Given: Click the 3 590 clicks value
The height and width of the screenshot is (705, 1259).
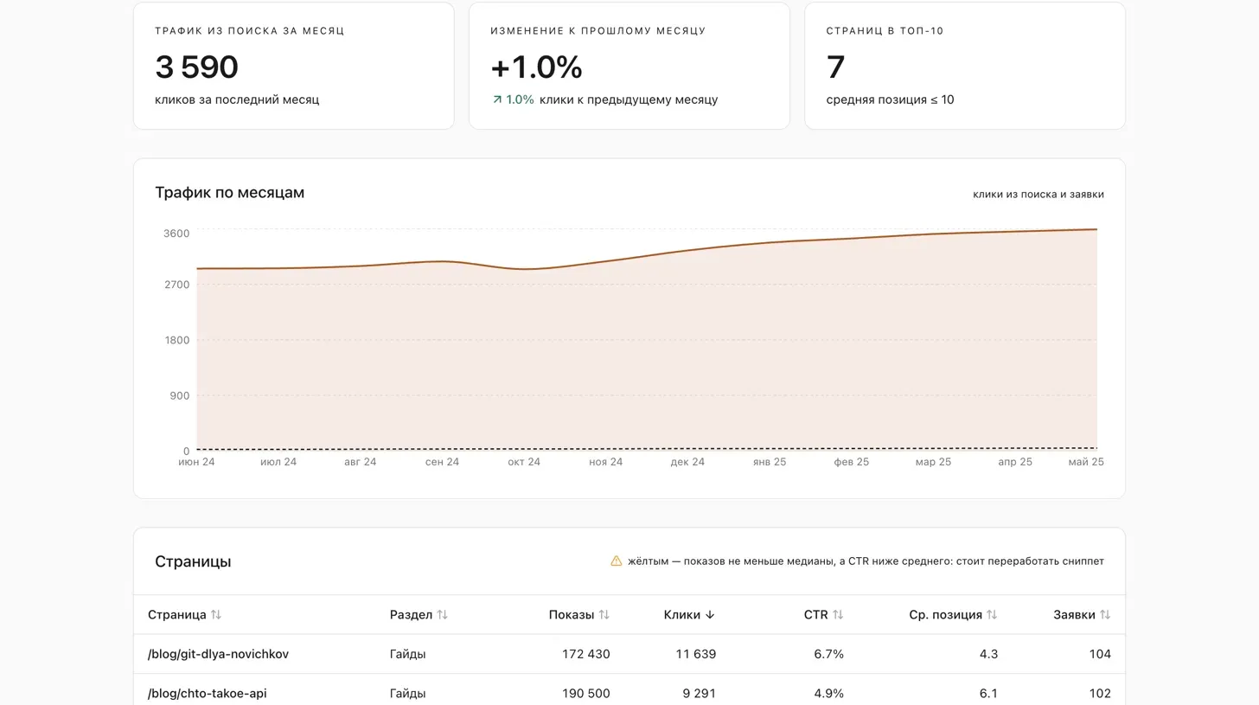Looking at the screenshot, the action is (197, 67).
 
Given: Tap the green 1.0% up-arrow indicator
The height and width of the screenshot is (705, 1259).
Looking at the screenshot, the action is (513, 99).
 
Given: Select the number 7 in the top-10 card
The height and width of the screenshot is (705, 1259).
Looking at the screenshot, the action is (835, 67).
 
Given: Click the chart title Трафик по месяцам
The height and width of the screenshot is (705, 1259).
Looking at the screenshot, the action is (229, 192).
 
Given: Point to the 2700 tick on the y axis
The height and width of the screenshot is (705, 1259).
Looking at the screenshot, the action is (176, 285).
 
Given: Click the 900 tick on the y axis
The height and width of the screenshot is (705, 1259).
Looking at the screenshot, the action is (179, 395).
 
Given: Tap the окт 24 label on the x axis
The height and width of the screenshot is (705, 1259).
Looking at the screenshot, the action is (524, 462).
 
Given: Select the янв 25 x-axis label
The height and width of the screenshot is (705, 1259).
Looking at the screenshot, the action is (770, 462).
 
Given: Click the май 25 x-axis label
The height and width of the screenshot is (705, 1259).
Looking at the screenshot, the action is (1086, 462).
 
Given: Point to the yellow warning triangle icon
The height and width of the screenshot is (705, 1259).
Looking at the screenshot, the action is (616, 561).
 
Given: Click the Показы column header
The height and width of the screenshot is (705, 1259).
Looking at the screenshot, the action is (571, 614).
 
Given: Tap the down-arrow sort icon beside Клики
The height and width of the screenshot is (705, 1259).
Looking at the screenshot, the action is (710, 614).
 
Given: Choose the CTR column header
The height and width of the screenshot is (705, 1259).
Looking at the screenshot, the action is (815, 614).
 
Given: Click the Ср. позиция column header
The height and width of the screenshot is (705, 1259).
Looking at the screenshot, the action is (945, 614).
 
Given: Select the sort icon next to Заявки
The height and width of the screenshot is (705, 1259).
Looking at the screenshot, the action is (1105, 614).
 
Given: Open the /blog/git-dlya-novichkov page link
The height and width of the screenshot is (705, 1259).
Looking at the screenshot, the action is (218, 654).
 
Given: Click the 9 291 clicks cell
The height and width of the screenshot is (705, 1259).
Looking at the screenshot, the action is (700, 693).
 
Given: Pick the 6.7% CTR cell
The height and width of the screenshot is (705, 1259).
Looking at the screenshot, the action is (828, 654).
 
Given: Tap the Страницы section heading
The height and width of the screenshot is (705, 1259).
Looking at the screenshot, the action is (193, 561).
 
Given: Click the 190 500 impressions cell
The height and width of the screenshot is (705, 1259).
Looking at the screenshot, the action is (585, 693).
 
